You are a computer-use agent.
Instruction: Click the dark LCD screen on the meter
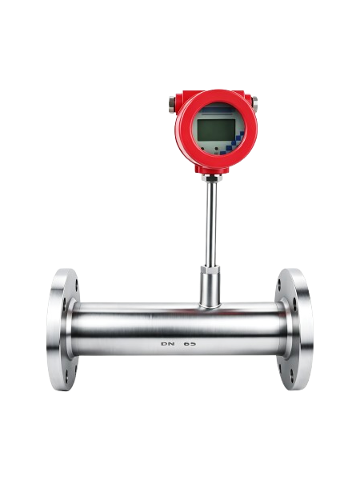(x=216, y=130)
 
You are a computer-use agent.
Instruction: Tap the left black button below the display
(x=202, y=149)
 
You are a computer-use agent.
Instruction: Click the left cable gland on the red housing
(x=172, y=104)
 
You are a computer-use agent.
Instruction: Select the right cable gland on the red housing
(x=254, y=102)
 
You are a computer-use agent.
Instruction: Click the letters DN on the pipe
(x=168, y=344)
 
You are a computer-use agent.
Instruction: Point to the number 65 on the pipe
(x=190, y=344)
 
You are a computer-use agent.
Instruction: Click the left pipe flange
(x=62, y=330)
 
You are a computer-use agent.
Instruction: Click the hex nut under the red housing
(x=211, y=178)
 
